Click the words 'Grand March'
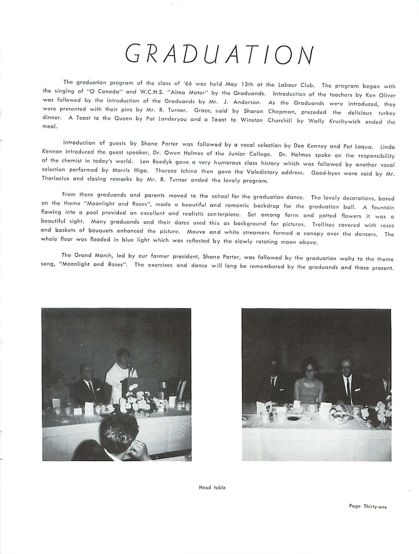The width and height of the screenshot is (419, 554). tap(92, 255)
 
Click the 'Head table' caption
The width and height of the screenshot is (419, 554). tap(212, 487)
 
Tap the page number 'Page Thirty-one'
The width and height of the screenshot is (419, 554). tap(368, 507)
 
